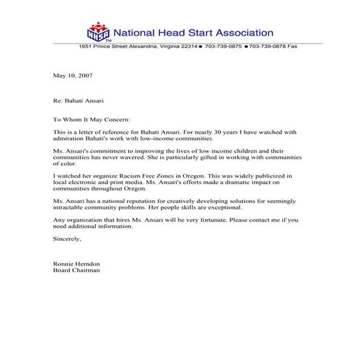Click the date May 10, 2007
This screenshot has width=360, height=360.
click(73, 76)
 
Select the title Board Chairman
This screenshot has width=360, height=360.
click(76, 270)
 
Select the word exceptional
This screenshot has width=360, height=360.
click(220, 207)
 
